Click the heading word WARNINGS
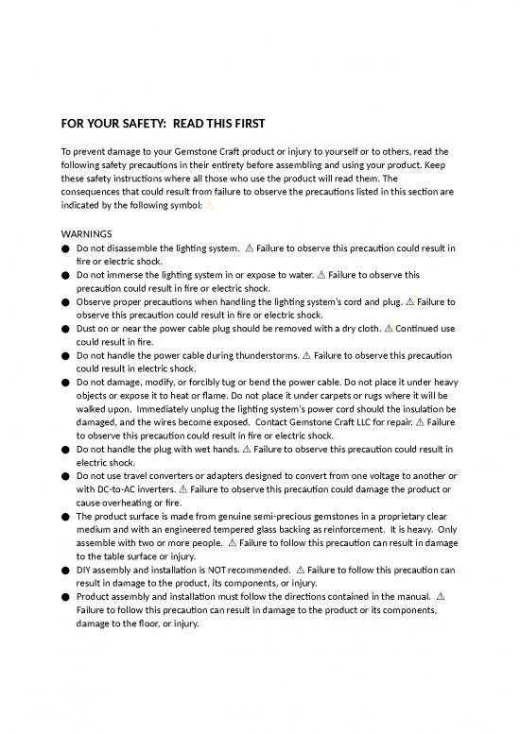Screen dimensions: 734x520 tap(88, 232)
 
